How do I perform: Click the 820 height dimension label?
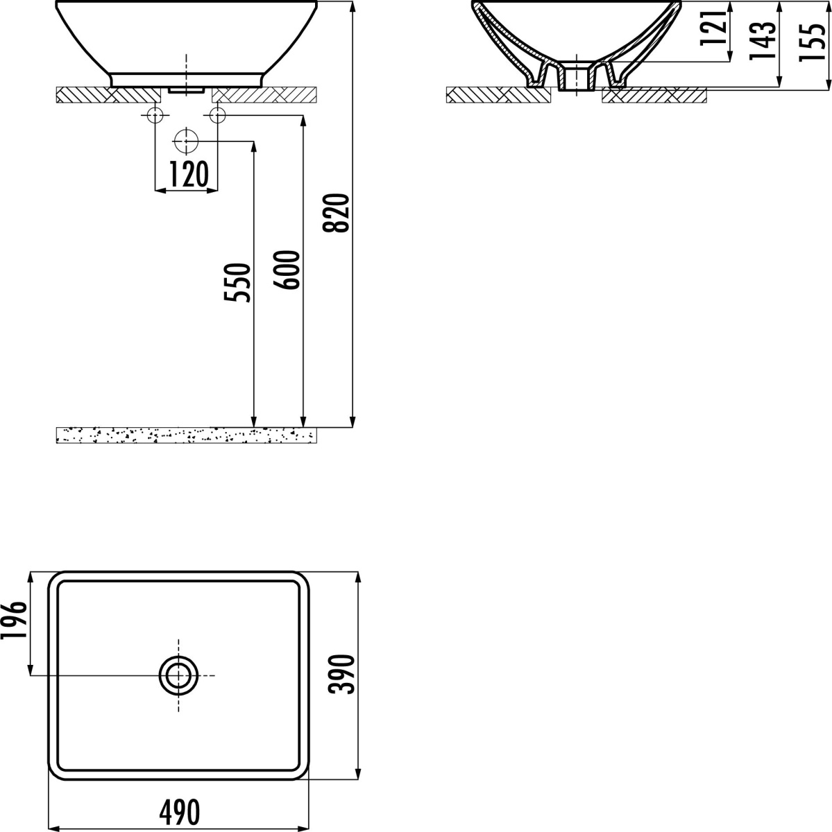(337, 214)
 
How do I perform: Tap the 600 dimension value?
(287, 270)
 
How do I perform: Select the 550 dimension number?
(237, 282)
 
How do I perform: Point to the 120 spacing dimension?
(189, 173)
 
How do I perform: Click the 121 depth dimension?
(713, 26)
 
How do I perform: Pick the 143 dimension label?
(763, 40)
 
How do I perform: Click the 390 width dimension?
(341, 674)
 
